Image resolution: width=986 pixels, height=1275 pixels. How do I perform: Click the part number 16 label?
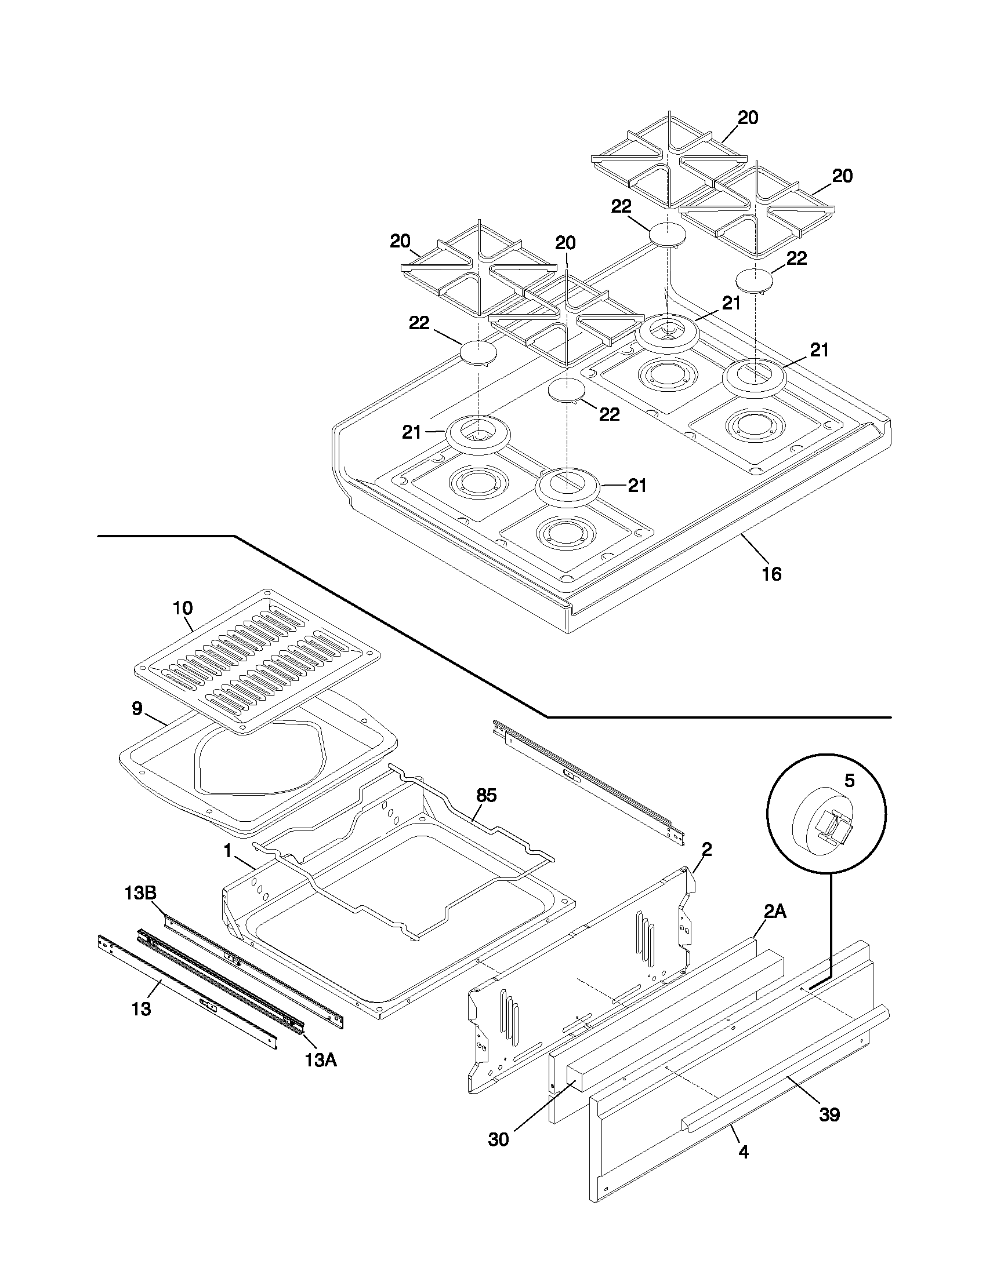click(x=771, y=574)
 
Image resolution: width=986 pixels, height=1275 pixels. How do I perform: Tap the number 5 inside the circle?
click(x=849, y=781)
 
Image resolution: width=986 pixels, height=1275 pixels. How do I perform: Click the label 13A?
click(x=321, y=1060)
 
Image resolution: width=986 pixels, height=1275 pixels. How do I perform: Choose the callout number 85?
click(x=486, y=795)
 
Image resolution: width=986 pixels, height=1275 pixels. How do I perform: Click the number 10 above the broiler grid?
click(x=182, y=607)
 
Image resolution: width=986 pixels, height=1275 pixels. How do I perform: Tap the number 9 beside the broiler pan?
click(x=137, y=709)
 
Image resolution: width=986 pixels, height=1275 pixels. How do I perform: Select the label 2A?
click(x=774, y=911)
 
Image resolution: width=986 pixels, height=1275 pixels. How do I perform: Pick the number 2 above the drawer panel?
click(x=707, y=850)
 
